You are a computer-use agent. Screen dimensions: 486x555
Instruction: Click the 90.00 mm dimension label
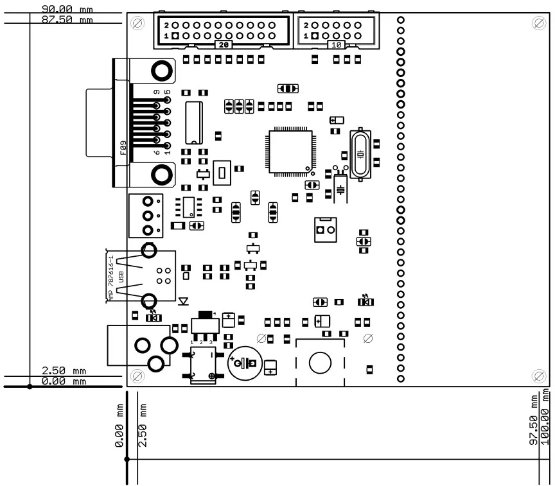pos(67,10)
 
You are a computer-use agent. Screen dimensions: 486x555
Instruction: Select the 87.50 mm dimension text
pos(67,20)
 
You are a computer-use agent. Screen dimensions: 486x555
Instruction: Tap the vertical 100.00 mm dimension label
pos(546,417)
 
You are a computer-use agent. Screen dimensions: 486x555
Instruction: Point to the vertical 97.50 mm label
pos(533,421)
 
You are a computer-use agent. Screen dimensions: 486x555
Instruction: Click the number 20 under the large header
pos(224,46)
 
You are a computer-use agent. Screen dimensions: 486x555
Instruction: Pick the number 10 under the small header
pos(336,45)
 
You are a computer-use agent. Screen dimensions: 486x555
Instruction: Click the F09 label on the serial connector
pos(123,149)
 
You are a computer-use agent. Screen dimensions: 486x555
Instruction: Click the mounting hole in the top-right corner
pos(538,24)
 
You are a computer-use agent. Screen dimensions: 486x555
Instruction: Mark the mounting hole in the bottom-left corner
pos(137,375)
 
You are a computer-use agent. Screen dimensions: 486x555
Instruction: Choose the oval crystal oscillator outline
pos(360,154)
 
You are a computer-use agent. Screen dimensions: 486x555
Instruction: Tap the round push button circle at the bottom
pos(319,363)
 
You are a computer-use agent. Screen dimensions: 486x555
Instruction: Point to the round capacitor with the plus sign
pos(244,364)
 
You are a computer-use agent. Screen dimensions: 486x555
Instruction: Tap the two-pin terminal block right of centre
pos(326,229)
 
